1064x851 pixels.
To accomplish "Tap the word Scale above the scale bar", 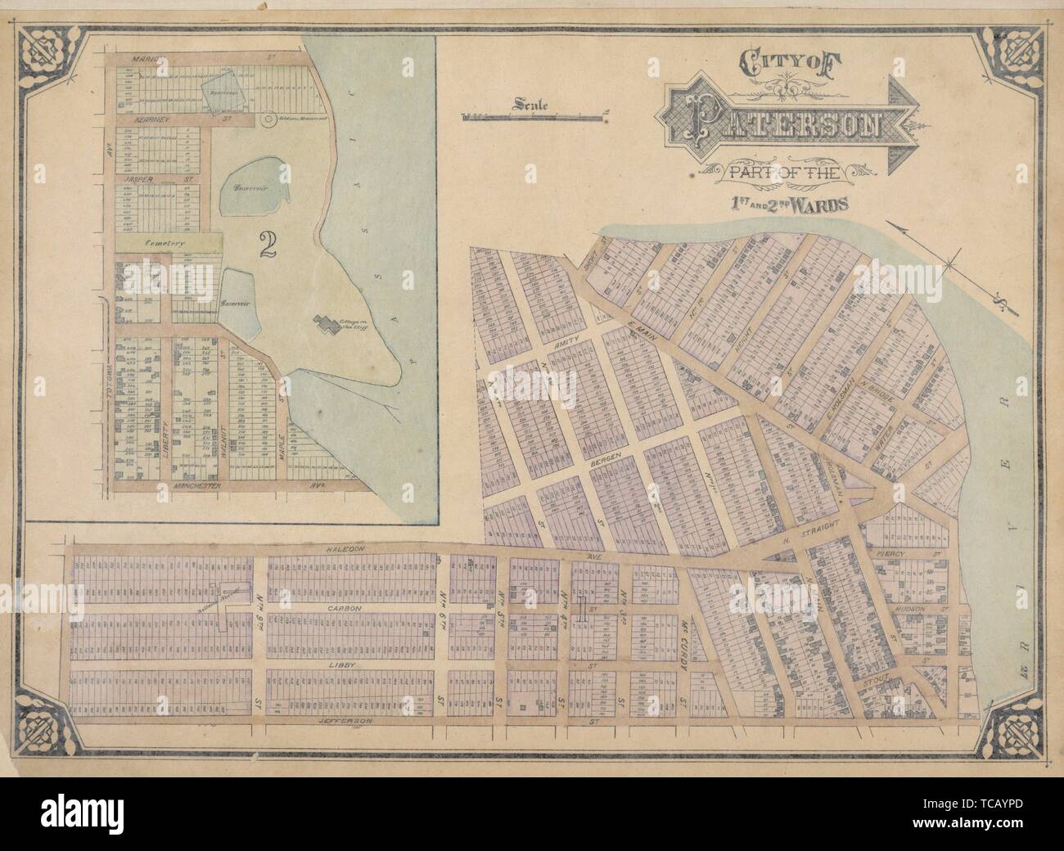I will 530,104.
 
